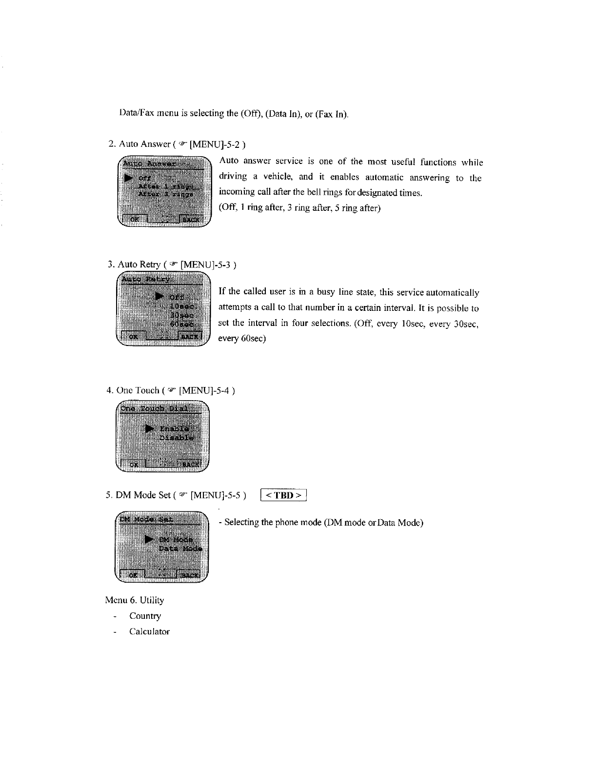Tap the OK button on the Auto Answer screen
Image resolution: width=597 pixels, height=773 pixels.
click(x=133, y=220)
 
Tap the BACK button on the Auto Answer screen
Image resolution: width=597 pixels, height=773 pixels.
click(x=192, y=220)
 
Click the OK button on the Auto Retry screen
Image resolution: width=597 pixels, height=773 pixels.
click(x=133, y=336)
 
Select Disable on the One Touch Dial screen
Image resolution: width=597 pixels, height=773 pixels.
click(x=176, y=437)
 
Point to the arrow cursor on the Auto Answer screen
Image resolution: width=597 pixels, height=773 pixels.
click(x=129, y=178)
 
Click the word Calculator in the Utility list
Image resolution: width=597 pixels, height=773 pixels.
click(x=149, y=631)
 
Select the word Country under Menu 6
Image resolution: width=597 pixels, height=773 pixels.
click(x=145, y=616)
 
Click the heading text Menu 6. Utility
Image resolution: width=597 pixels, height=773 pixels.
click(x=135, y=600)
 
